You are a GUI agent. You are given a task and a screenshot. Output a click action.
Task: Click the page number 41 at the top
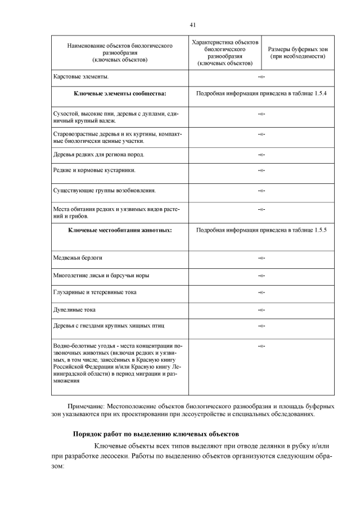(192, 25)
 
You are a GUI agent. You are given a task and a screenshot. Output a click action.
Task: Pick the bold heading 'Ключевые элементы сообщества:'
(120, 93)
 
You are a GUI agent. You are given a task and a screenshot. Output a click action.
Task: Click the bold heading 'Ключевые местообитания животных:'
(120, 230)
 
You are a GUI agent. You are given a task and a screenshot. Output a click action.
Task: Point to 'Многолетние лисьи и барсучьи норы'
(101, 275)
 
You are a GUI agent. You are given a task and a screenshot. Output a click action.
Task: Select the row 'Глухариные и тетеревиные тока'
(94, 292)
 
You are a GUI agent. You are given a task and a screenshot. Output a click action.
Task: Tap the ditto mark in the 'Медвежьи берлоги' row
(262, 258)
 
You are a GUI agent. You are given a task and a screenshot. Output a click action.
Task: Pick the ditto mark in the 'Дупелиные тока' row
(262, 310)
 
